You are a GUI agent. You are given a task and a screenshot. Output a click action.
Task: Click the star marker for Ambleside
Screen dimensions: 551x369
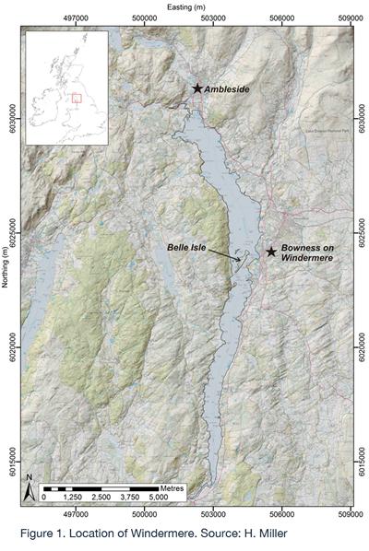coord(196,88)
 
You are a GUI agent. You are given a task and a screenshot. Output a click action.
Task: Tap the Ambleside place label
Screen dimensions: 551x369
coord(228,88)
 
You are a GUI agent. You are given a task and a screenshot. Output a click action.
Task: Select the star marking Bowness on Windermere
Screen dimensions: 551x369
coord(271,252)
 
